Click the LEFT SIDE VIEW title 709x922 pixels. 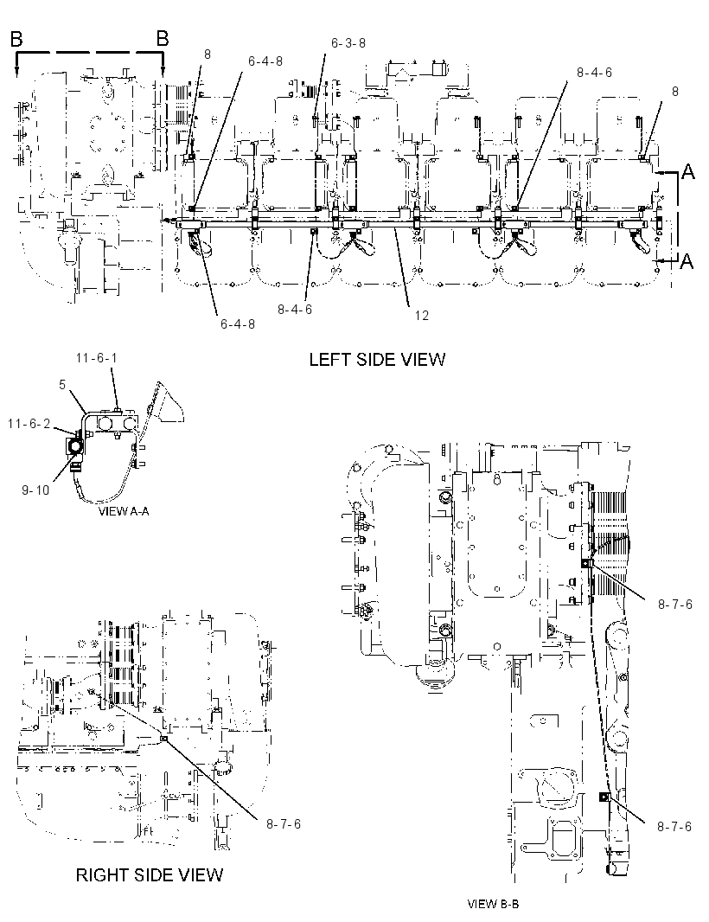coord(377,359)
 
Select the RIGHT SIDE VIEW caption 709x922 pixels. coord(150,874)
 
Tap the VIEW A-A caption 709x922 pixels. coord(124,511)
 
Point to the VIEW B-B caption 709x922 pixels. coord(493,904)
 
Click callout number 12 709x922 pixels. coord(422,315)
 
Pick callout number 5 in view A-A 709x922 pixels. coord(62,385)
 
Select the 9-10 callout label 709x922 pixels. coord(35,490)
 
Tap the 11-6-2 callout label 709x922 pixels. coord(29,423)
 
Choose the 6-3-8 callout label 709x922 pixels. coord(348,43)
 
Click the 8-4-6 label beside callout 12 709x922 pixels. coord(295,310)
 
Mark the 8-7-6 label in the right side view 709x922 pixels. coord(284,823)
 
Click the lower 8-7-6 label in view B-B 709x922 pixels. coord(674,826)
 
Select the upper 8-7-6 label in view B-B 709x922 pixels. coord(675,604)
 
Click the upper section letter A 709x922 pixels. coord(687,172)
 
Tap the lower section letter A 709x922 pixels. coord(686,261)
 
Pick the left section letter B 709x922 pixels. coord(16,40)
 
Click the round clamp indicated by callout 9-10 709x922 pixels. coord(76,447)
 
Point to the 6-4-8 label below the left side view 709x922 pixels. coord(238,324)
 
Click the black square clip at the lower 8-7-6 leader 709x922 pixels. coord(603,797)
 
